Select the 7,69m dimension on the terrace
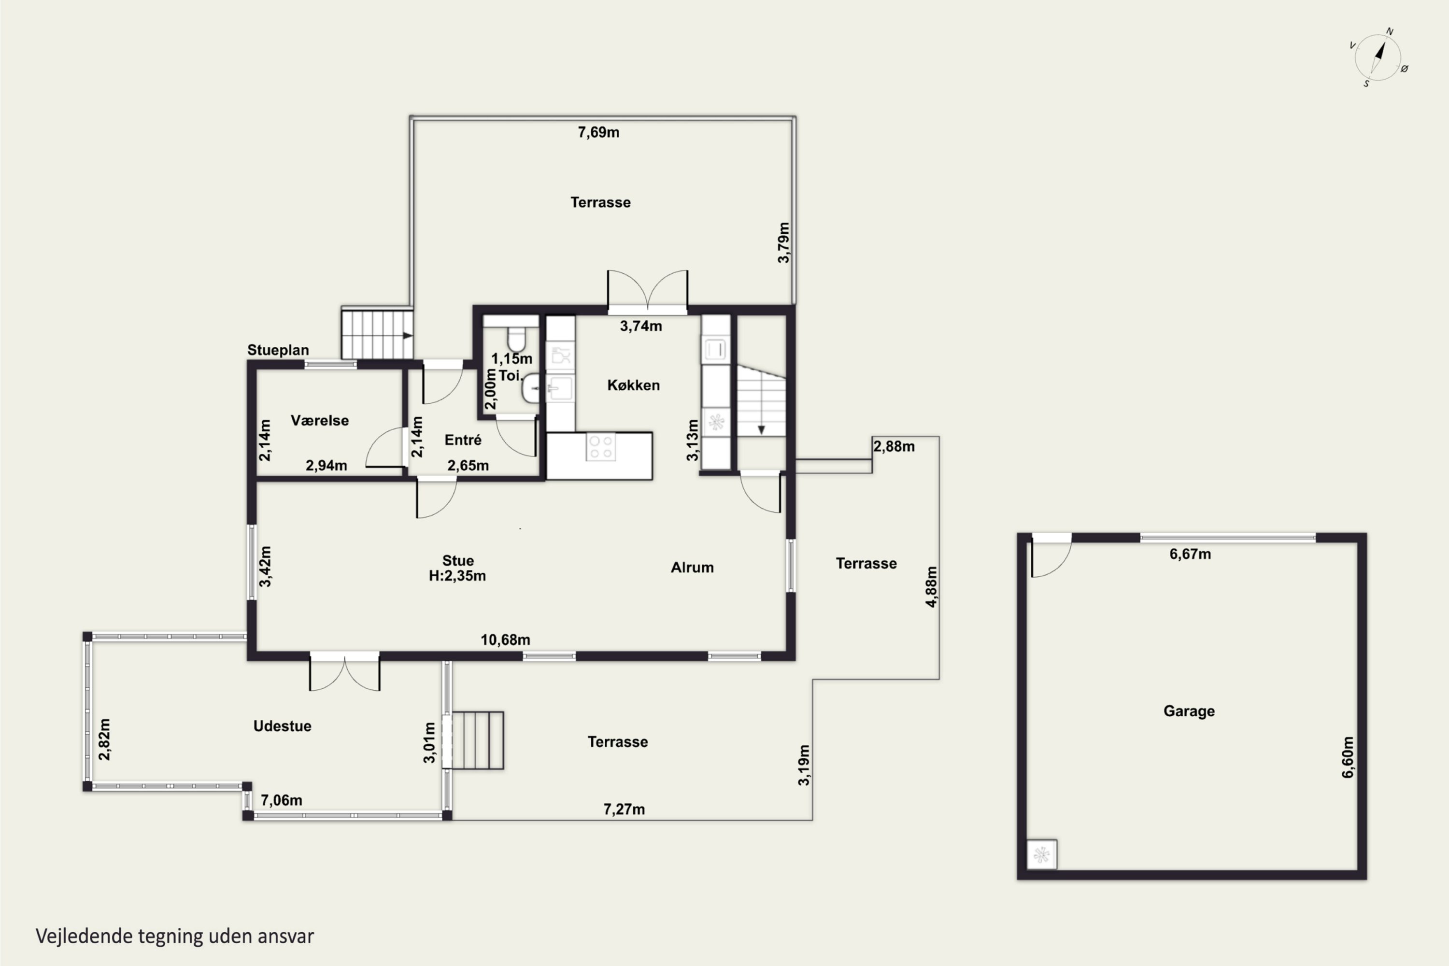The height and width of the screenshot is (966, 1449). (598, 132)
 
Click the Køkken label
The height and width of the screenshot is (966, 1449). (633, 385)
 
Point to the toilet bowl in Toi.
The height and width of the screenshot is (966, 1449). (516, 339)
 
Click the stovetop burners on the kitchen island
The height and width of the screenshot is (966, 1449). (601, 447)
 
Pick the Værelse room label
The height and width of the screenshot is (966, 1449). (320, 420)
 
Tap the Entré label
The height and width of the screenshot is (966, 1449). (463, 440)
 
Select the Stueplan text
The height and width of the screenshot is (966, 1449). (278, 350)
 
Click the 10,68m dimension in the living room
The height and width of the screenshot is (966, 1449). (505, 640)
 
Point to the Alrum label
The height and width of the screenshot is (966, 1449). (692, 568)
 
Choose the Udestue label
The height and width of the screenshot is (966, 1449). (282, 726)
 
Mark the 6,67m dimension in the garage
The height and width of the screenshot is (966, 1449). (1190, 554)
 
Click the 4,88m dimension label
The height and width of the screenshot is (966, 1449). (932, 586)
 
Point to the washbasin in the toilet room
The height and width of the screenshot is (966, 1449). (531, 388)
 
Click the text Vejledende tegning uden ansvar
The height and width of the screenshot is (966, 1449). (175, 937)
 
